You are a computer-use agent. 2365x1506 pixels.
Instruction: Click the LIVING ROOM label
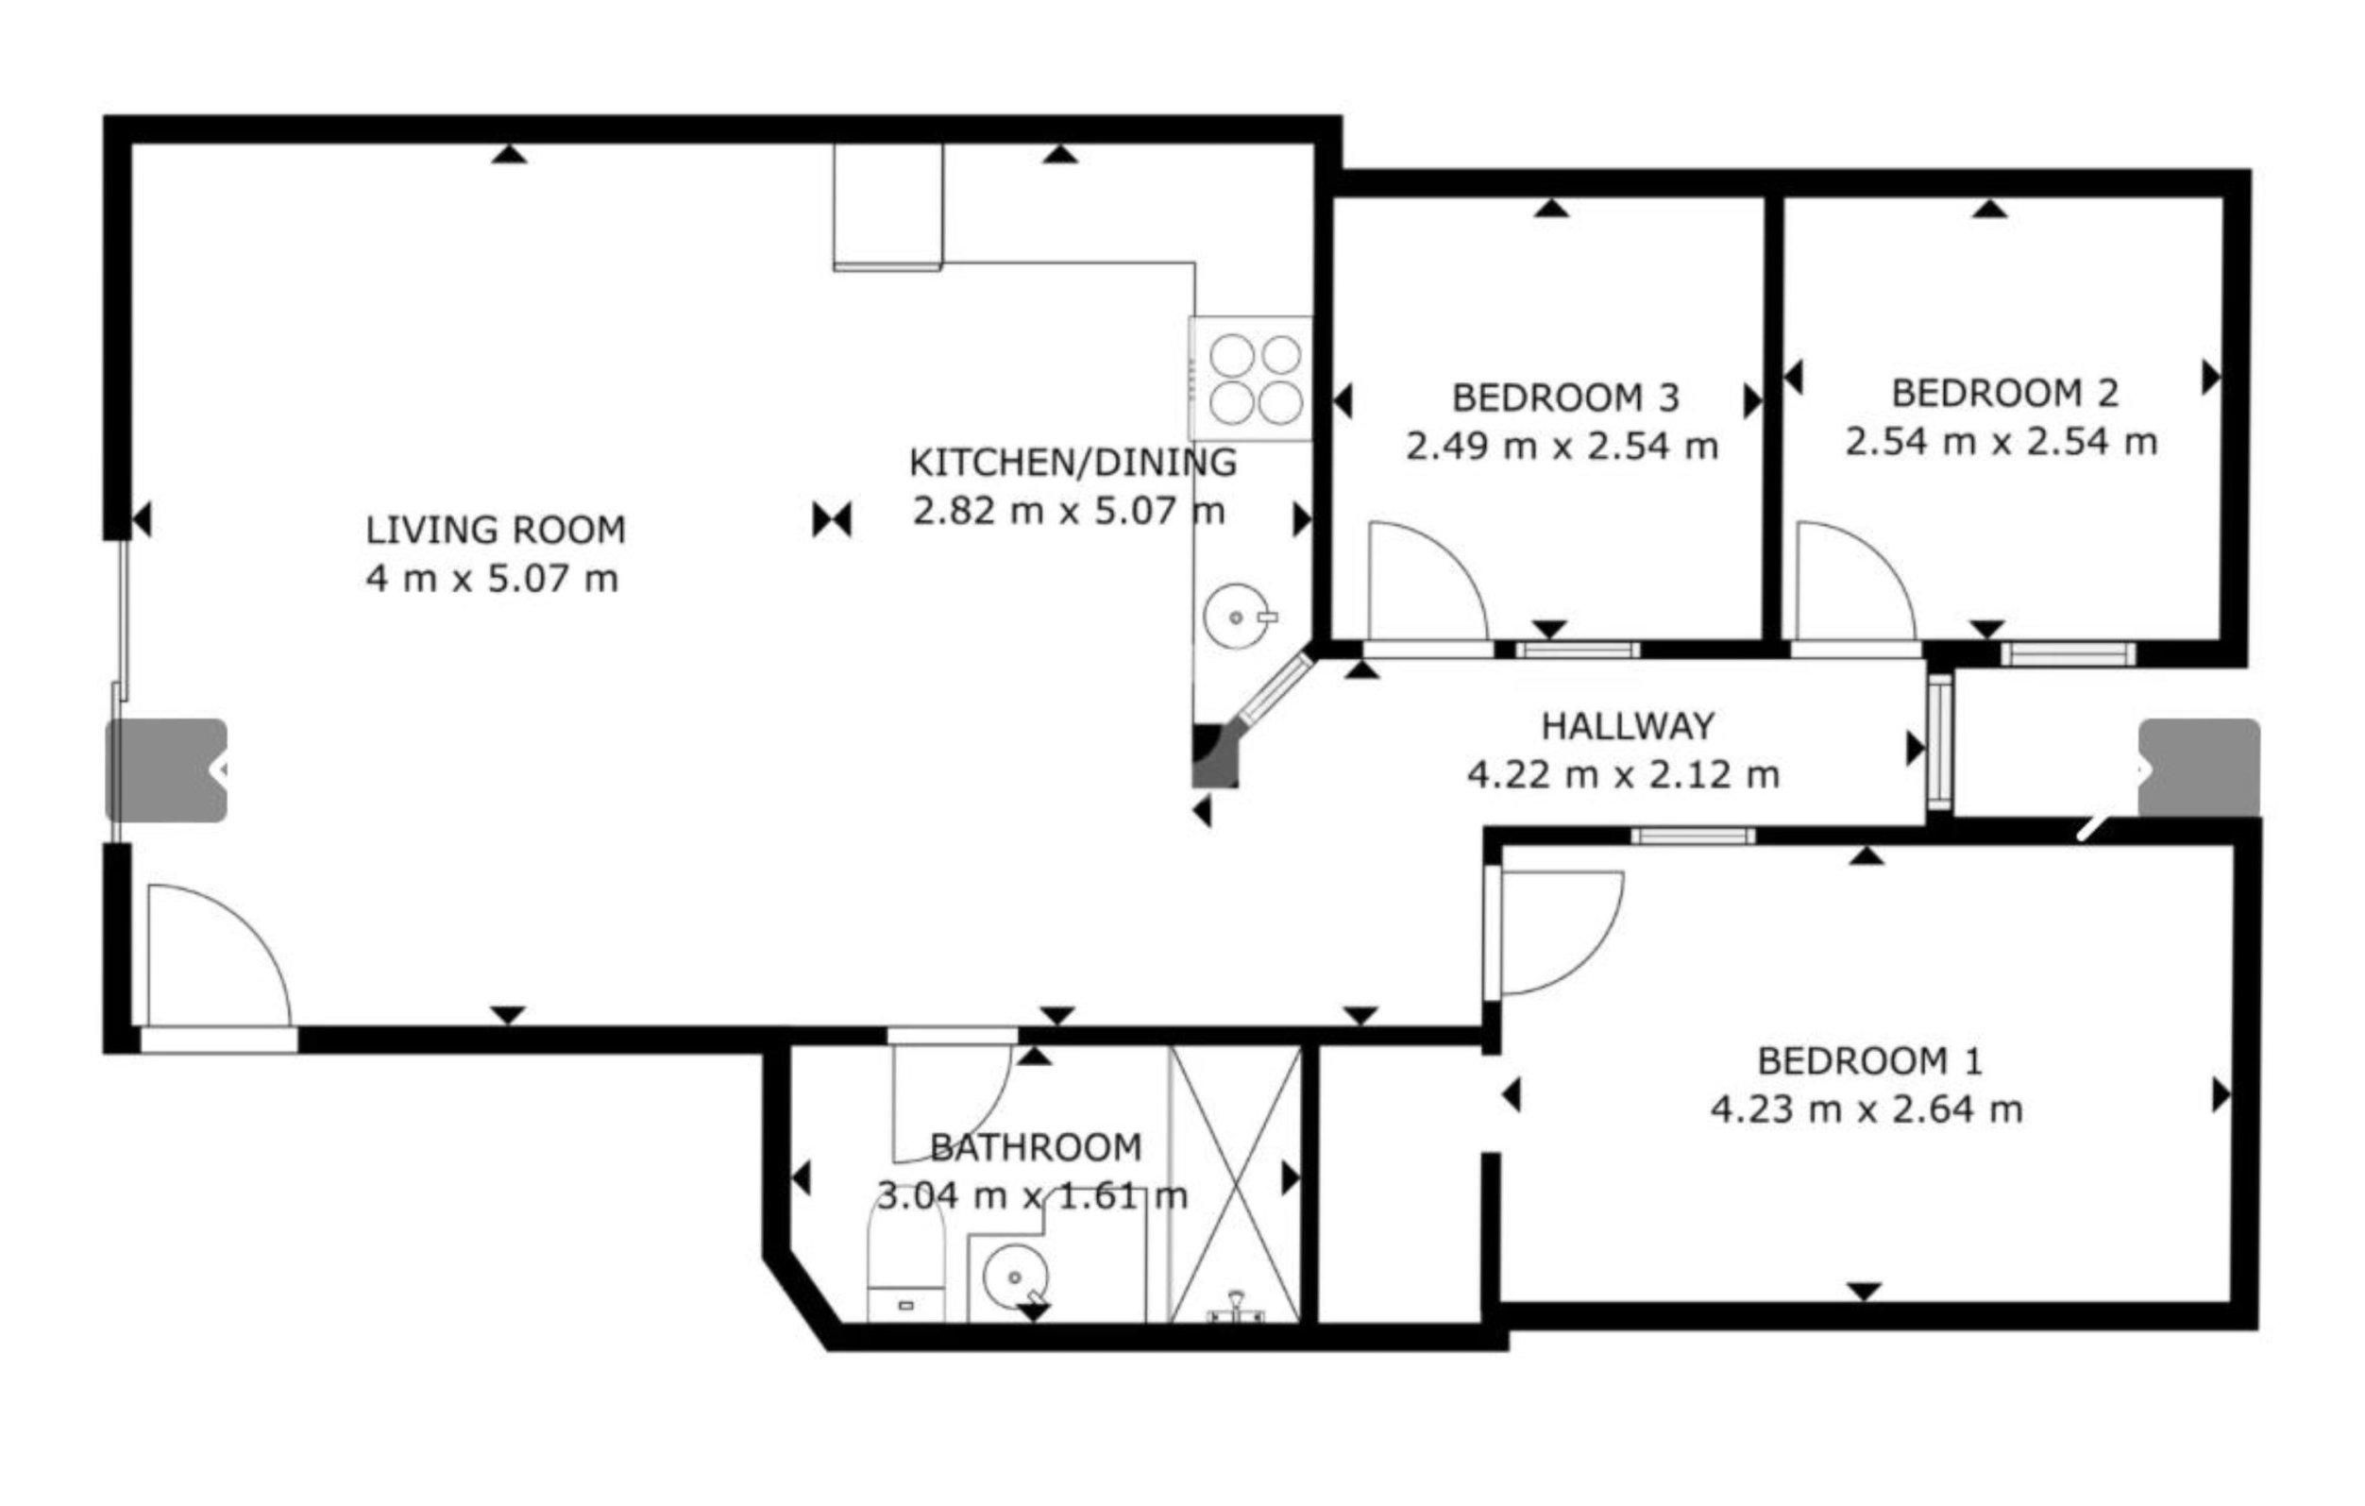[x=496, y=531]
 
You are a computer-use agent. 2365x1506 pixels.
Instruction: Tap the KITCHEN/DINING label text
[x=1073, y=463]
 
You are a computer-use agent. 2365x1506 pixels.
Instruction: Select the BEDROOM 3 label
[x=1565, y=398]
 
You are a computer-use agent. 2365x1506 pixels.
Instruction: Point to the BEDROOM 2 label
[x=2004, y=393]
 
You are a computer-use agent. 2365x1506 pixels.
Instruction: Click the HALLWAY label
[x=1628, y=726]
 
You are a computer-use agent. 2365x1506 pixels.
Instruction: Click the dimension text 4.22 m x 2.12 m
[x=1624, y=775]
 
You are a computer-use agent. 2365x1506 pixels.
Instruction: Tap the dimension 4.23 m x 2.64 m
[x=1867, y=1110]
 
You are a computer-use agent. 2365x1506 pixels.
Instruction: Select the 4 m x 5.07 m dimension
[x=492, y=579]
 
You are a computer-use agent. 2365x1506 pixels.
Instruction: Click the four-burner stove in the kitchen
[x=1250, y=379]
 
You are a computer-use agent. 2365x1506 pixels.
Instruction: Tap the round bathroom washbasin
[x=1014, y=1278]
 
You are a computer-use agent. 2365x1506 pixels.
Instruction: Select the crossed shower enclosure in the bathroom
[x=1236, y=1185]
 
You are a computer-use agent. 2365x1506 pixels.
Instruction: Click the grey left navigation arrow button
[x=166, y=770]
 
